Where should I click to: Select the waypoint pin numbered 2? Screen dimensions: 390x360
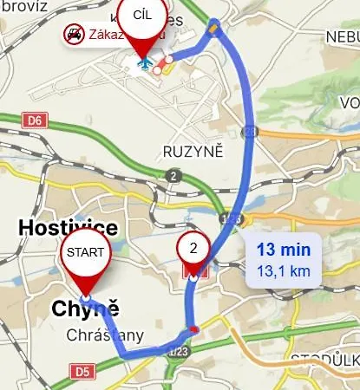[194, 249]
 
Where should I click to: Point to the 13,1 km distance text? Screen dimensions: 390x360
[283, 270]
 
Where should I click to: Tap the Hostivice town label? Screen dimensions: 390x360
[68, 228]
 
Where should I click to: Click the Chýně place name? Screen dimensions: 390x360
[84, 309]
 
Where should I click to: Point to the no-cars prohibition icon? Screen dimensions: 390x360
[73, 35]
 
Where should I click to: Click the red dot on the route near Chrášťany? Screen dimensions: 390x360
[193, 329]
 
